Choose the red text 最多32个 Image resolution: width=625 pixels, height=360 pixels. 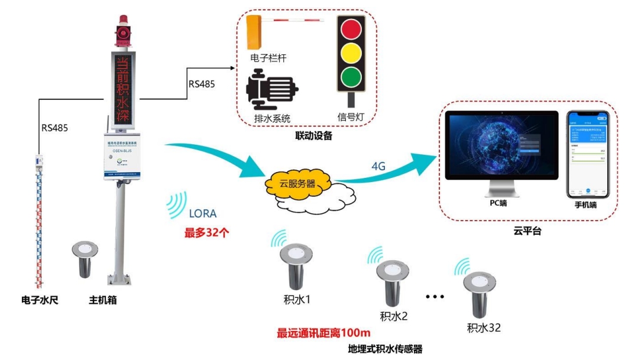coord(203,232)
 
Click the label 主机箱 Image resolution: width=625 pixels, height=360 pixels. coord(100,300)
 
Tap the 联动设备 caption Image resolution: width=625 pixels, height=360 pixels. coord(313,137)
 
